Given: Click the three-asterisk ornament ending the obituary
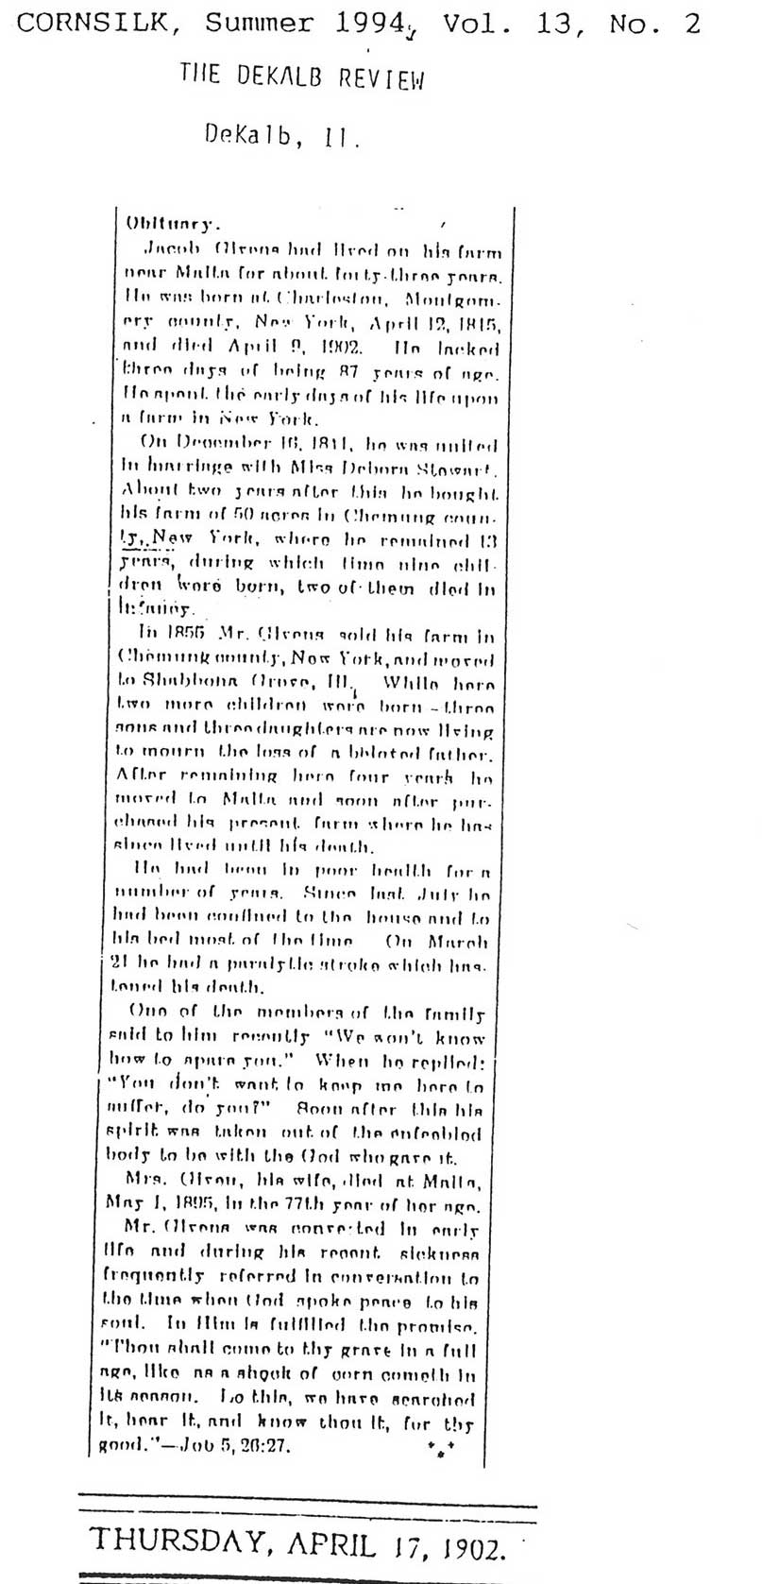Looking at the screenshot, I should tap(440, 1446).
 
